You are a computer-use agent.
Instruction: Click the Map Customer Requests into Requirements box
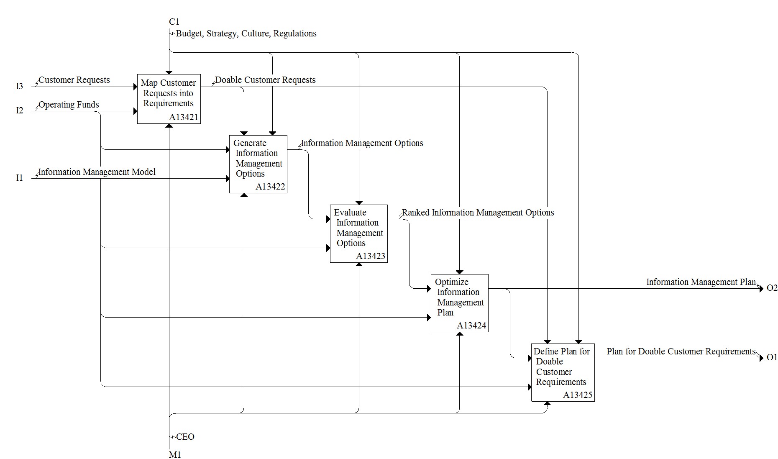(x=169, y=99)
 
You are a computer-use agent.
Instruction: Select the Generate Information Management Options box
(x=258, y=164)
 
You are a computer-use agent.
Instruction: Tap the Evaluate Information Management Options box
(x=359, y=233)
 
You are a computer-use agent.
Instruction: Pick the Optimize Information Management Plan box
(x=460, y=303)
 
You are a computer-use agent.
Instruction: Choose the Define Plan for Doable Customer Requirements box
(x=563, y=372)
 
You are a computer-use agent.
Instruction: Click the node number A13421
(x=184, y=117)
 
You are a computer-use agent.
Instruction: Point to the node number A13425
(x=578, y=395)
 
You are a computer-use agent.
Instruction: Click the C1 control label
(x=174, y=22)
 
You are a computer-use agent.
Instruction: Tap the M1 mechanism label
(x=175, y=454)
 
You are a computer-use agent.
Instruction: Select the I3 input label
(x=20, y=86)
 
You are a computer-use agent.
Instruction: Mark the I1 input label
(x=20, y=178)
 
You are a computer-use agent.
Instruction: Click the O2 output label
(x=772, y=288)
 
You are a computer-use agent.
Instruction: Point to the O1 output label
(x=772, y=357)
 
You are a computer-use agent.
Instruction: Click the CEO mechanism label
(x=185, y=437)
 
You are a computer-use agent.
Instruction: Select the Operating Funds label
(x=69, y=105)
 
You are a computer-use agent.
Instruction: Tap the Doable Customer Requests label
(x=265, y=80)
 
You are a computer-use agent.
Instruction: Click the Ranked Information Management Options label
(x=478, y=213)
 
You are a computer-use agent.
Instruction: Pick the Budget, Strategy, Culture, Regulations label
(x=246, y=33)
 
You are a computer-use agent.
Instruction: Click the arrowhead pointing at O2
(x=761, y=289)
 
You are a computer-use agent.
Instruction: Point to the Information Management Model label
(x=97, y=172)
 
